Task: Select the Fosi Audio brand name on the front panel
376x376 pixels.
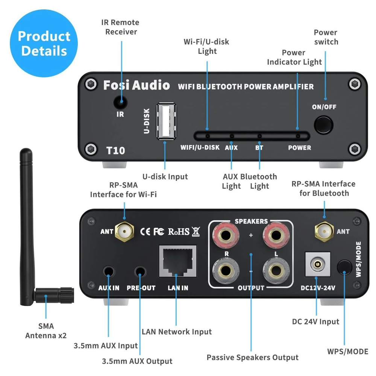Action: (x=136, y=85)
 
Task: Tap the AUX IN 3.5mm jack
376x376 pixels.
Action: (x=109, y=271)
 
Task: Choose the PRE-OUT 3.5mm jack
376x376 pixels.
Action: (x=141, y=271)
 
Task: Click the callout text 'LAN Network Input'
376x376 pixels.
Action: (x=177, y=332)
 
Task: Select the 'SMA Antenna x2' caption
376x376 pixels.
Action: (x=46, y=331)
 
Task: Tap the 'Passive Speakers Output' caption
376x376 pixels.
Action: (x=252, y=357)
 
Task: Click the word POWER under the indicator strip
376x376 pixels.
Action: (x=299, y=148)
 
